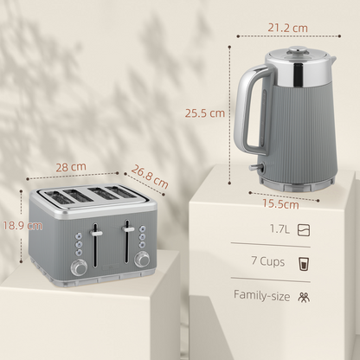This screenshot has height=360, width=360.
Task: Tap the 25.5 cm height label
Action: tap(205, 112)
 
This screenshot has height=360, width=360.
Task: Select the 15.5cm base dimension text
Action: tap(280, 204)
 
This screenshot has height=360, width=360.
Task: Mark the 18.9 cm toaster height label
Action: tap(21, 225)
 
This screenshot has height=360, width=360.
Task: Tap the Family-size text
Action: tap(260, 294)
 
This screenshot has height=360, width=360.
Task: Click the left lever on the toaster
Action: tap(96, 232)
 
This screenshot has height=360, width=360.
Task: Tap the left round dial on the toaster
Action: tap(80, 268)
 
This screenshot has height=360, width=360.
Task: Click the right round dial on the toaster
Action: tap(143, 259)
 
